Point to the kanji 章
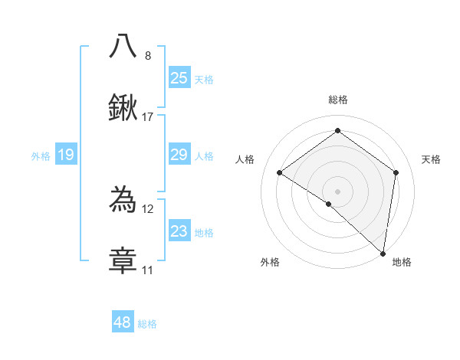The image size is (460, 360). [x=123, y=260]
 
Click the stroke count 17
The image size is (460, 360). [x=148, y=117]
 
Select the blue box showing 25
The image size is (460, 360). [x=179, y=77]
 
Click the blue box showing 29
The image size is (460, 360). [x=179, y=155]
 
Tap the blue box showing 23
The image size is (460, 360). [x=179, y=231]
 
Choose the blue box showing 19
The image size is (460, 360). [x=66, y=155]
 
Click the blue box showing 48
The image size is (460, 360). [x=123, y=322]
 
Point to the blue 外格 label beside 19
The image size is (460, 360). [x=41, y=156]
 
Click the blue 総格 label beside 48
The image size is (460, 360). [x=147, y=324]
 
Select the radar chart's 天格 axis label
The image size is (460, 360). [x=431, y=159]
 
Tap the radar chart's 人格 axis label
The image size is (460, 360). [x=245, y=159]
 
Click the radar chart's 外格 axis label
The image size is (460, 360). [x=270, y=263]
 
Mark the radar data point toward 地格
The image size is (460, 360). [x=383, y=252]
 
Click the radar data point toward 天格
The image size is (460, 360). [x=396, y=172]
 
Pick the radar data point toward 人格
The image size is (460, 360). [x=280, y=172]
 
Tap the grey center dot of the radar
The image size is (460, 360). [x=337, y=191]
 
